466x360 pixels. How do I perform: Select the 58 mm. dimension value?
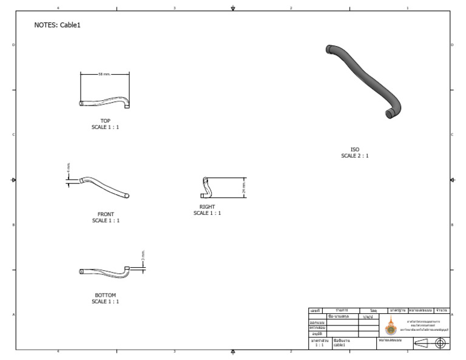104,74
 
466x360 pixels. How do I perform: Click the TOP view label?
106,121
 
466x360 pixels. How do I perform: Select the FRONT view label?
106,214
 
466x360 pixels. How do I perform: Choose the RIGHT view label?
207,207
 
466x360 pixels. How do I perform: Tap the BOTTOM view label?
106,295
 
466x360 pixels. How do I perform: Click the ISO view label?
354,149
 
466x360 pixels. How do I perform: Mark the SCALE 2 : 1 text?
354,156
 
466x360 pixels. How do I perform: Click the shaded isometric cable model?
363,79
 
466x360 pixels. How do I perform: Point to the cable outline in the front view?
104,186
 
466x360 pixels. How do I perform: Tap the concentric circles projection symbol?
441,344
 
